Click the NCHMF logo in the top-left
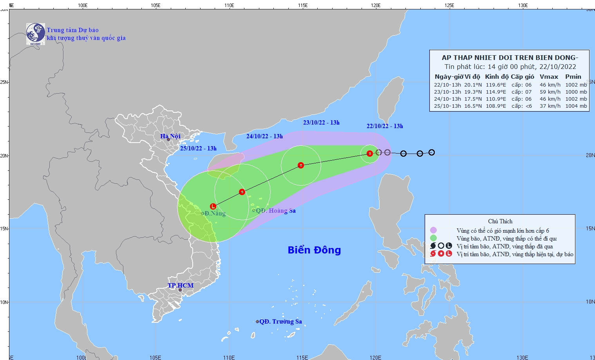point(36,34)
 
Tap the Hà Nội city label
point(170,136)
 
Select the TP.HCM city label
point(181,285)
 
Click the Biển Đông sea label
point(314,250)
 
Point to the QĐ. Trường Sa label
point(280,322)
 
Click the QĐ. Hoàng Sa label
point(276,211)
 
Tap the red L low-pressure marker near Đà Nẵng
point(213,206)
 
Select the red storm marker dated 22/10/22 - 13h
point(369,153)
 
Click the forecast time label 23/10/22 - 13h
point(321,123)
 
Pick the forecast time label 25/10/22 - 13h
point(198,148)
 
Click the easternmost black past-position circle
point(431,152)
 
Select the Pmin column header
point(573,77)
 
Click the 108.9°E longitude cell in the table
point(496,106)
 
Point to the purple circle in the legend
point(433,230)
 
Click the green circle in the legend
point(433,238)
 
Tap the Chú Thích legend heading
point(500,221)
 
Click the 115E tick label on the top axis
point(302,5)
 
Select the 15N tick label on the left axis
point(4,229)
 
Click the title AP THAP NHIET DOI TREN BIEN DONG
point(510,58)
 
